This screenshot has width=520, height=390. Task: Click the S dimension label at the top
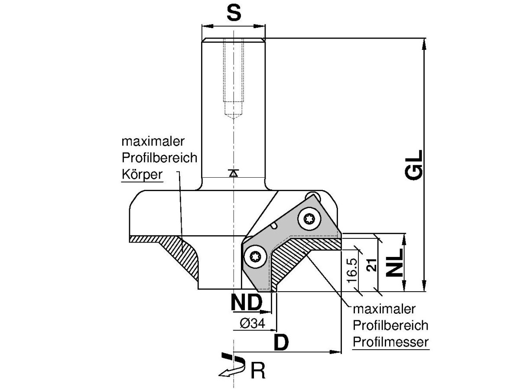(x=234, y=14)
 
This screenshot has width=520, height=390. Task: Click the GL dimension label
(x=414, y=165)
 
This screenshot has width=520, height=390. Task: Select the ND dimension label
(x=246, y=302)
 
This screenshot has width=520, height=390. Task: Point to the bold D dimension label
(x=281, y=342)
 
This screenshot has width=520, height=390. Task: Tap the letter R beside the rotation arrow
(x=258, y=371)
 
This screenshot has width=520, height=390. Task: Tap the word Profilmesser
(x=390, y=341)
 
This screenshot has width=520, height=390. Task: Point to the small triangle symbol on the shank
(x=234, y=173)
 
